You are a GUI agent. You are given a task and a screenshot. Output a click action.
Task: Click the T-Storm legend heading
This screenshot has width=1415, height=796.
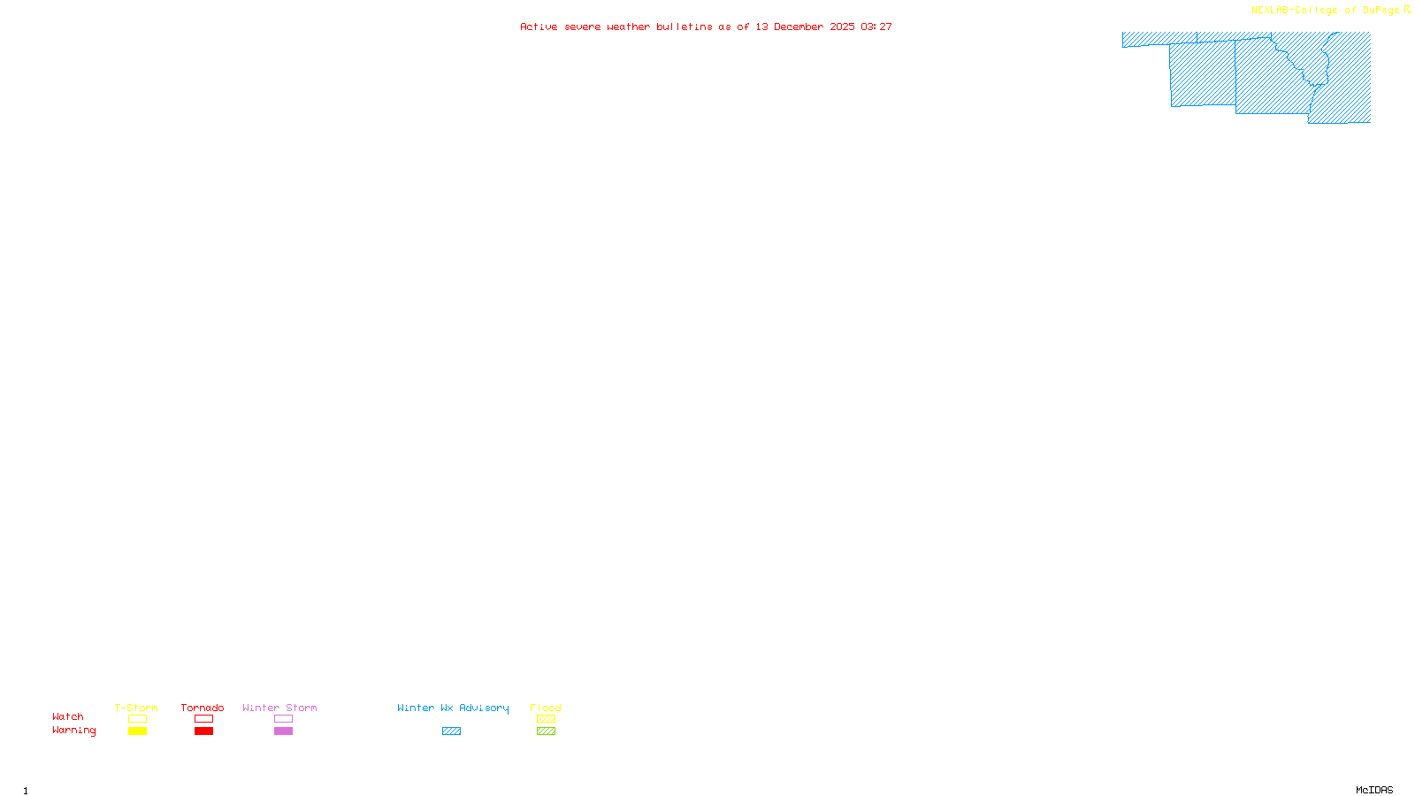coord(136,708)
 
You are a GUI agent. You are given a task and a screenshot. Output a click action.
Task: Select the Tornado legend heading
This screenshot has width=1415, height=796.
coord(203,708)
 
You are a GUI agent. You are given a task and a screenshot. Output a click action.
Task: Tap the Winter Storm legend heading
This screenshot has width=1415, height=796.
coord(279,708)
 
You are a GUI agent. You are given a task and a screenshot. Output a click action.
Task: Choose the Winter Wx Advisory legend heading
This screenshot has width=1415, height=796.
coord(453,708)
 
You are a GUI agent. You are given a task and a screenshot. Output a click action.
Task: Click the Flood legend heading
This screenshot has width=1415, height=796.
coord(546,708)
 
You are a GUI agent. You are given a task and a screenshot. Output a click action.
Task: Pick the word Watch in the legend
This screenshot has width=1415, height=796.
coord(68,716)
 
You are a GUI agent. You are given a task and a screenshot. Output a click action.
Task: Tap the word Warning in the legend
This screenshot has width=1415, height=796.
coord(74,731)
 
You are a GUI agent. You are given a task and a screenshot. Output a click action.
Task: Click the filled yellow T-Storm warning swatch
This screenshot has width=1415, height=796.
coord(137,731)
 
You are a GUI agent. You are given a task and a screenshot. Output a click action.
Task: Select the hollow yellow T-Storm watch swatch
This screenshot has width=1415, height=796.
coord(137,719)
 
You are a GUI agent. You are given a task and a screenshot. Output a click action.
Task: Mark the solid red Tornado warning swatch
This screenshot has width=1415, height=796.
coord(203,731)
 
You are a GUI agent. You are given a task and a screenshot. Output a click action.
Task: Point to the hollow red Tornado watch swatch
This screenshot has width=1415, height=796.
coord(203,719)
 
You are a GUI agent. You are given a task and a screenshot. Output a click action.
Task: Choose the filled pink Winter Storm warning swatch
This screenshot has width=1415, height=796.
coord(283,731)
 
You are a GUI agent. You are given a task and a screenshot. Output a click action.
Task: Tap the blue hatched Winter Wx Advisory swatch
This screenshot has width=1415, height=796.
coord(451,731)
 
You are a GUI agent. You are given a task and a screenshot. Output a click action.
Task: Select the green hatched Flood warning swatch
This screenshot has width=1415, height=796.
coord(546,731)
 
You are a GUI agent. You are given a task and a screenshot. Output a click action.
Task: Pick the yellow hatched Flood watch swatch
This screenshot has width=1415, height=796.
coord(546,719)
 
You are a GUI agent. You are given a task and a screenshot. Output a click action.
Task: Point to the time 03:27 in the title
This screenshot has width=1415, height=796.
coord(876,27)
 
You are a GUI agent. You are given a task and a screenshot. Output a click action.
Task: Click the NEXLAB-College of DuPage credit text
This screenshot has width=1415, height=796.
coord(1326,10)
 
